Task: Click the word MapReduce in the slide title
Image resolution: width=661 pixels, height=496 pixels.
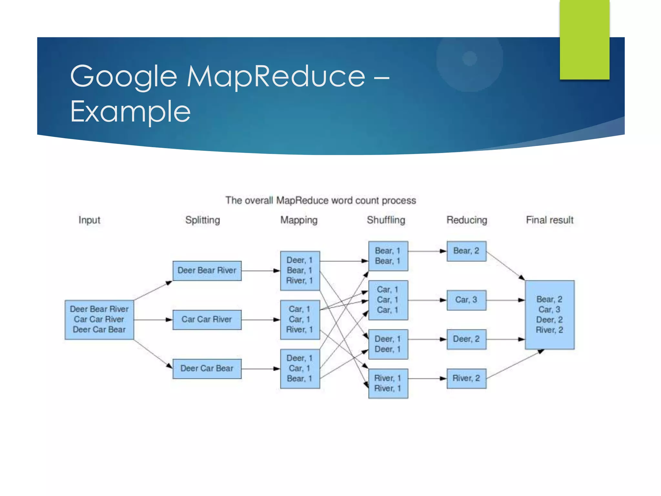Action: point(276,77)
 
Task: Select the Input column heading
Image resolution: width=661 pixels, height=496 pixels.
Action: point(89,220)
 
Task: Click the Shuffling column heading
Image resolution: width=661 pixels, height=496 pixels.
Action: point(386,220)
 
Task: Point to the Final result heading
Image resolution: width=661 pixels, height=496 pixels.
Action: point(549,220)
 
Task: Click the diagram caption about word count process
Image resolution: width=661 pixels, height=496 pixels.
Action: point(320,201)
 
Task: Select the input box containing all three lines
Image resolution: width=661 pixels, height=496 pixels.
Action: point(99,320)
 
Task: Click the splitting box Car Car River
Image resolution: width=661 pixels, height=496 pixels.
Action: point(207,320)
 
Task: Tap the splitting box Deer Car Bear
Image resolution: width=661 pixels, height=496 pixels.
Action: point(207,368)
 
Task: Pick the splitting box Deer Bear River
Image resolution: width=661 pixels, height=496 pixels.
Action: point(207,271)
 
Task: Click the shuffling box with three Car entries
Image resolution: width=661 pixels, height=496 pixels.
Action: point(388,300)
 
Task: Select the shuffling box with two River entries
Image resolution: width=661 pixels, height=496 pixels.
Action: point(388,383)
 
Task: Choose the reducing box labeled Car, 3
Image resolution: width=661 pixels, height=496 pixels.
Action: point(466,300)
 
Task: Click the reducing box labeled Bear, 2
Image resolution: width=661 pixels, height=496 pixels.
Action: point(466,251)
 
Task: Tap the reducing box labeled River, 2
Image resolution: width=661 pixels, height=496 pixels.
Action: point(466,378)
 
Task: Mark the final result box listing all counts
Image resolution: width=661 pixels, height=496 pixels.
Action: point(549,315)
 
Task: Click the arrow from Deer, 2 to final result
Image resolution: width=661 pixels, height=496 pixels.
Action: point(505,339)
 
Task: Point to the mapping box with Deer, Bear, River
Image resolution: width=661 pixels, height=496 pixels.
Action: point(300,271)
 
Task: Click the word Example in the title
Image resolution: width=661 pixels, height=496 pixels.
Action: point(130,112)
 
